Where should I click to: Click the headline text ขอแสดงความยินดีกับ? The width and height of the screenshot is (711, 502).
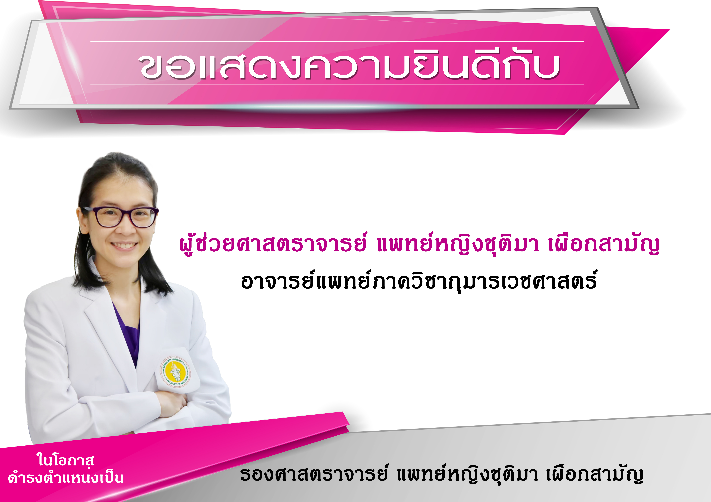click(x=349, y=66)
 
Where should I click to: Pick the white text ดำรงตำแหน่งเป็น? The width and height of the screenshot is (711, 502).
click(x=66, y=477)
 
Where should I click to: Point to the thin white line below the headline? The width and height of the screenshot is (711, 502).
click(x=337, y=84)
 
